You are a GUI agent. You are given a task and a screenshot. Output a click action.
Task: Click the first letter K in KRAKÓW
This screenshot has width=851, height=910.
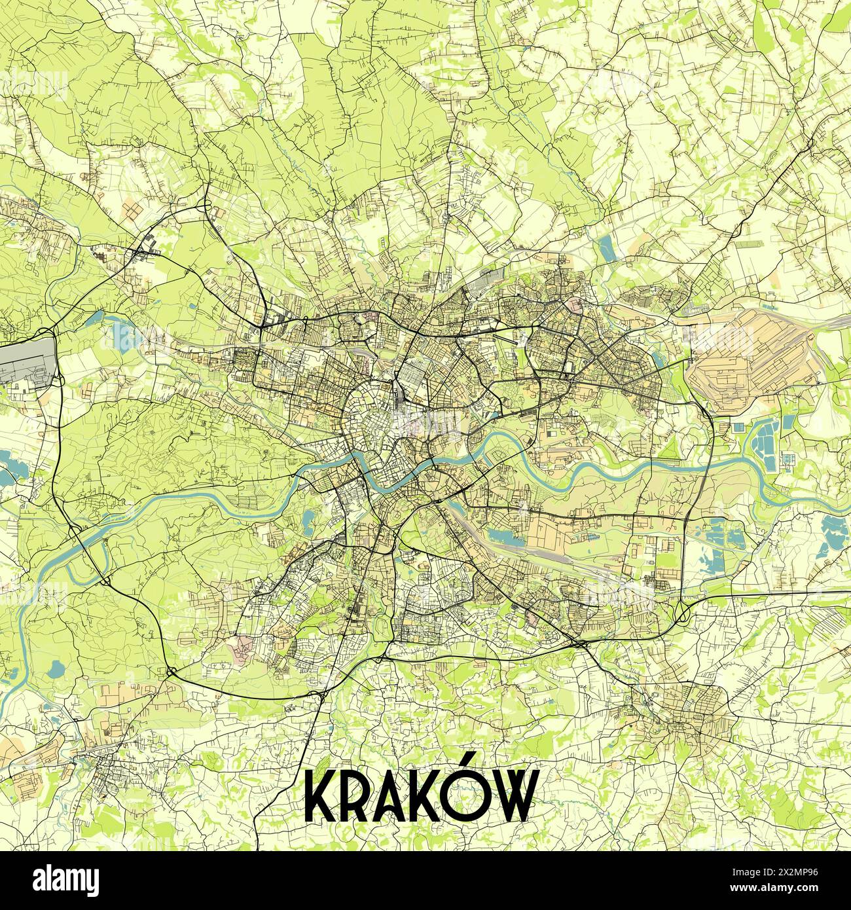click(321, 797)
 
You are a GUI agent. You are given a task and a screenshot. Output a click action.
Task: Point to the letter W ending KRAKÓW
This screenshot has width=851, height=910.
click(513, 797)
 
